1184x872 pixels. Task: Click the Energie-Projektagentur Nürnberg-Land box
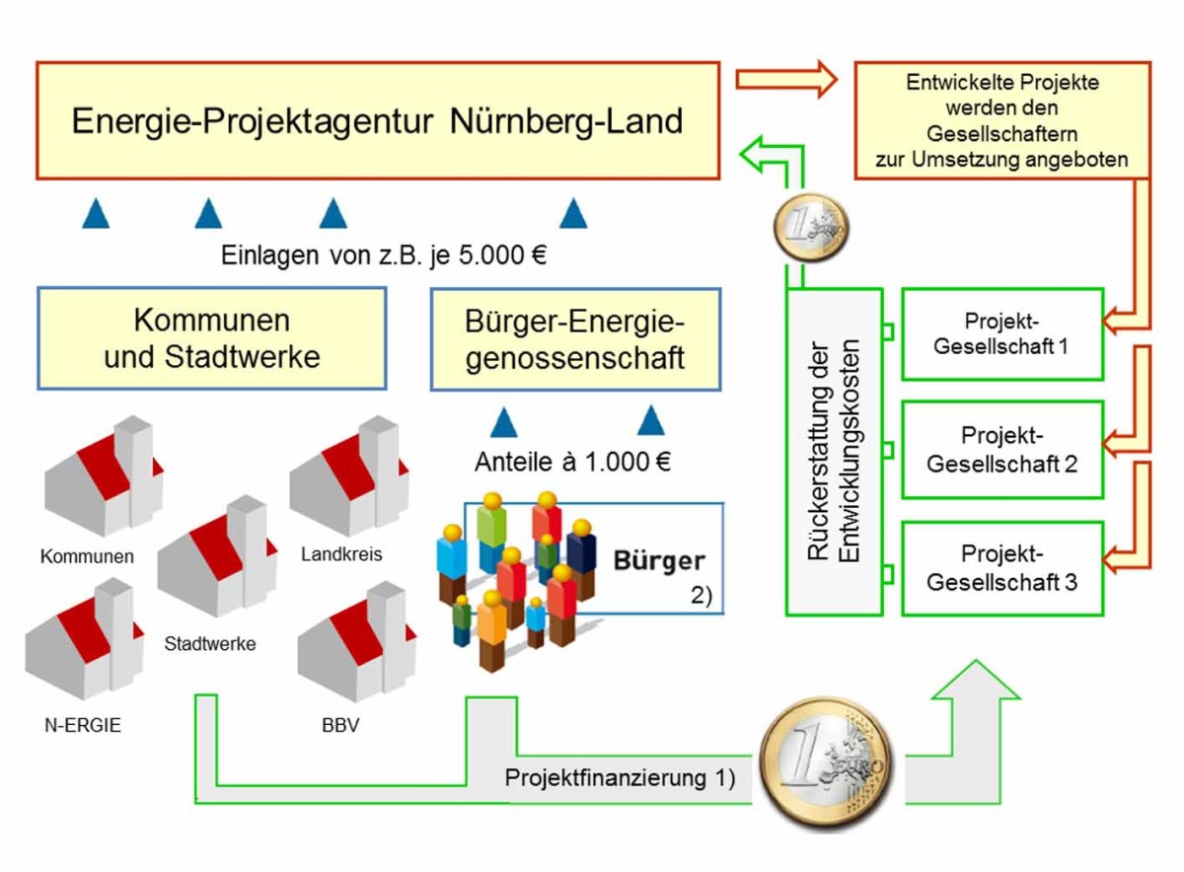pyautogui.click(x=378, y=120)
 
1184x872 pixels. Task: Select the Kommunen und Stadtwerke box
pyautogui.click(x=212, y=338)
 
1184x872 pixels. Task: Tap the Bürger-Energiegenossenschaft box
pyautogui.click(x=575, y=338)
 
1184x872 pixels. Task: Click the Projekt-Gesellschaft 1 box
pyautogui.click(x=1001, y=334)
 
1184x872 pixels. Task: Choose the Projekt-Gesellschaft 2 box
pyautogui.click(x=1001, y=449)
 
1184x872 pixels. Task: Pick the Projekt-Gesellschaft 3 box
pyautogui.click(x=1001, y=568)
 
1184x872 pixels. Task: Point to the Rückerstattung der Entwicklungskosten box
pyautogui.click(x=835, y=452)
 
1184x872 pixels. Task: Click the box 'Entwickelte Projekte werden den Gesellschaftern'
pyautogui.click(x=1001, y=120)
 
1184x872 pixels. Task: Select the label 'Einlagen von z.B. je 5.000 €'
pyautogui.click(x=384, y=255)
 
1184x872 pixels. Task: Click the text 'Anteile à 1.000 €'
pyautogui.click(x=572, y=461)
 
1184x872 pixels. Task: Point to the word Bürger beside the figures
pyautogui.click(x=660, y=561)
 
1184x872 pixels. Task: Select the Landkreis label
pyautogui.click(x=341, y=554)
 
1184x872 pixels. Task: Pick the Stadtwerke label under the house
pyautogui.click(x=210, y=644)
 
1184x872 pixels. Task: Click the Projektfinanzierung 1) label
pyautogui.click(x=620, y=776)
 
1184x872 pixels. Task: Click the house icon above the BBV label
pyautogui.click(x=352, y=641)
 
